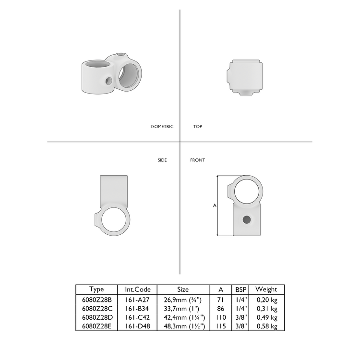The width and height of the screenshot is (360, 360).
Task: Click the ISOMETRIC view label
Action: tap(162, 127)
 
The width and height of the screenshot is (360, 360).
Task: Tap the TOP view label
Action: tap(197, 127)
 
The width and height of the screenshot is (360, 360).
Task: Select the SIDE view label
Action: tap(162, 160)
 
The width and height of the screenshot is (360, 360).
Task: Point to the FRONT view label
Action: tap(197, 160)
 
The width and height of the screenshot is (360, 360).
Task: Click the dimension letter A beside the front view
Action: tap(214, 205)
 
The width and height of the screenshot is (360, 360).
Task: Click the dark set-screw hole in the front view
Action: tap(247, 219)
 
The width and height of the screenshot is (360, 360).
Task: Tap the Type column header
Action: tap(96, 289)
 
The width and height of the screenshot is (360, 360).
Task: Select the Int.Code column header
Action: tap(138, 289)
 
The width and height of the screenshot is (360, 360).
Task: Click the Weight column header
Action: tap(266, 289)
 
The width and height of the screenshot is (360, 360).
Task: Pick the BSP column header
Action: tap(240, 289)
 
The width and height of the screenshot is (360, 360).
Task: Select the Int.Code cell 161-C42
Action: tap(138, 317)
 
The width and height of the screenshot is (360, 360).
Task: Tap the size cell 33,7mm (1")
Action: tap(183, 308)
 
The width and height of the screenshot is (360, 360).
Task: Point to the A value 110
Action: tap(221, 317)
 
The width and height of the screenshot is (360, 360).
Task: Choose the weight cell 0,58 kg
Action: tap(266, 326)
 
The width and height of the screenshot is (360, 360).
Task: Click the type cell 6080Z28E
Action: tap(96, 326)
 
